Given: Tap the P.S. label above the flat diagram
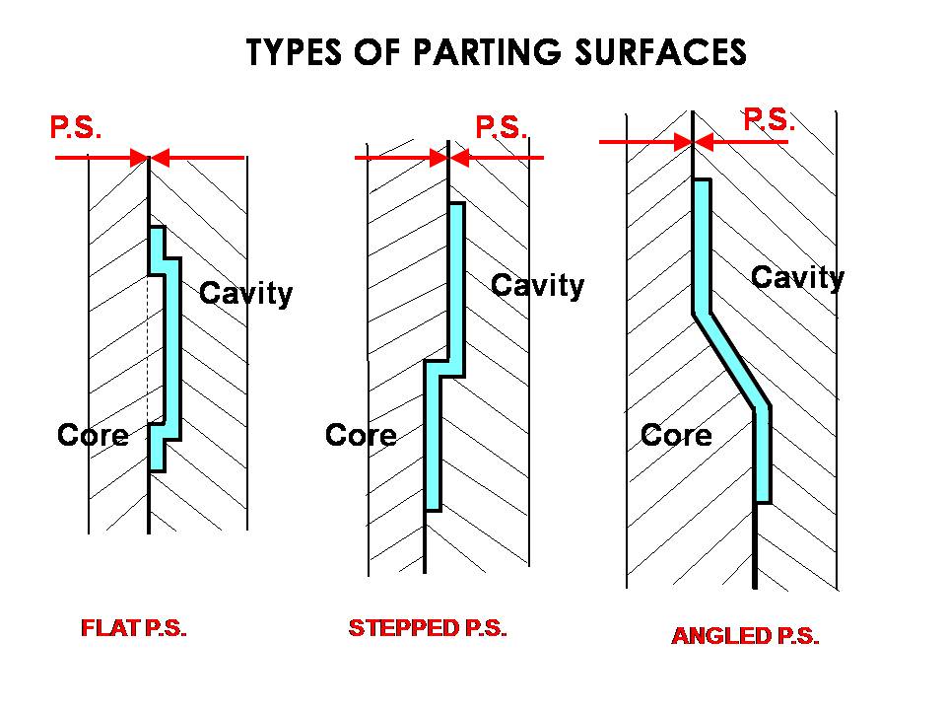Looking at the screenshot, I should point(75,128).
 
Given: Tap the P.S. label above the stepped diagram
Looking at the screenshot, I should point(502,127).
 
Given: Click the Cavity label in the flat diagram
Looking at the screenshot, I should point(245,293).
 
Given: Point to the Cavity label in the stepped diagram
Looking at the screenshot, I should point(537,286).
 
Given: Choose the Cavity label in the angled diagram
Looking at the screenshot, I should point(797,278).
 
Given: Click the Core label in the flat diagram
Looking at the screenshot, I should point(93,435).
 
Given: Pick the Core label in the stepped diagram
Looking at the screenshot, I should point(361,435).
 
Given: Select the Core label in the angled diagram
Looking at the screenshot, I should point(676,435).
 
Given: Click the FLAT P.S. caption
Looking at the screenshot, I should point(133,629).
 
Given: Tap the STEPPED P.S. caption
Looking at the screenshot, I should point(428,628).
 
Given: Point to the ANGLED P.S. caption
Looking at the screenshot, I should point(745,636).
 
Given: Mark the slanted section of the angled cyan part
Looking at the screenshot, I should point(732,360).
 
